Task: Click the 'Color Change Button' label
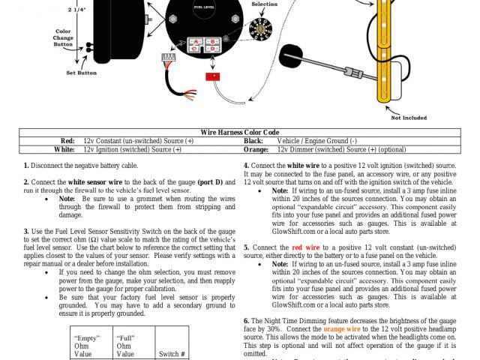pyautogui.click(x=63, y=38)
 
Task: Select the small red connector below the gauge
pyautogui.click(x=213, y=76)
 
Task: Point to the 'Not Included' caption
pyautogui.click(x=409, y=117)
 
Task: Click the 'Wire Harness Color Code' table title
pyautogui.click(x=239, y=132)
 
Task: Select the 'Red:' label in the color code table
pyautogui.click(x=68, y=141)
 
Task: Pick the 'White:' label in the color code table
pyautogui.click(x=65, y=149)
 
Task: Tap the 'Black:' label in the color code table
pyautogui.click(x=253, y=141)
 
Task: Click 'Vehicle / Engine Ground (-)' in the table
pyautogui.click(x=316, y=141)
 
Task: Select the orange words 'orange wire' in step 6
pyautogui.click(x=342, y=328)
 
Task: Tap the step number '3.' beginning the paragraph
pyautogui.click(x=26, y=231)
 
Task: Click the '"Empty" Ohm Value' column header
pyautogui.click(x=88, y=346)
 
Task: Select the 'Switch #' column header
pyautogui.click(x=172, y=354)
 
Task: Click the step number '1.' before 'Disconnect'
pyautogui.click(x=26, y=165)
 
